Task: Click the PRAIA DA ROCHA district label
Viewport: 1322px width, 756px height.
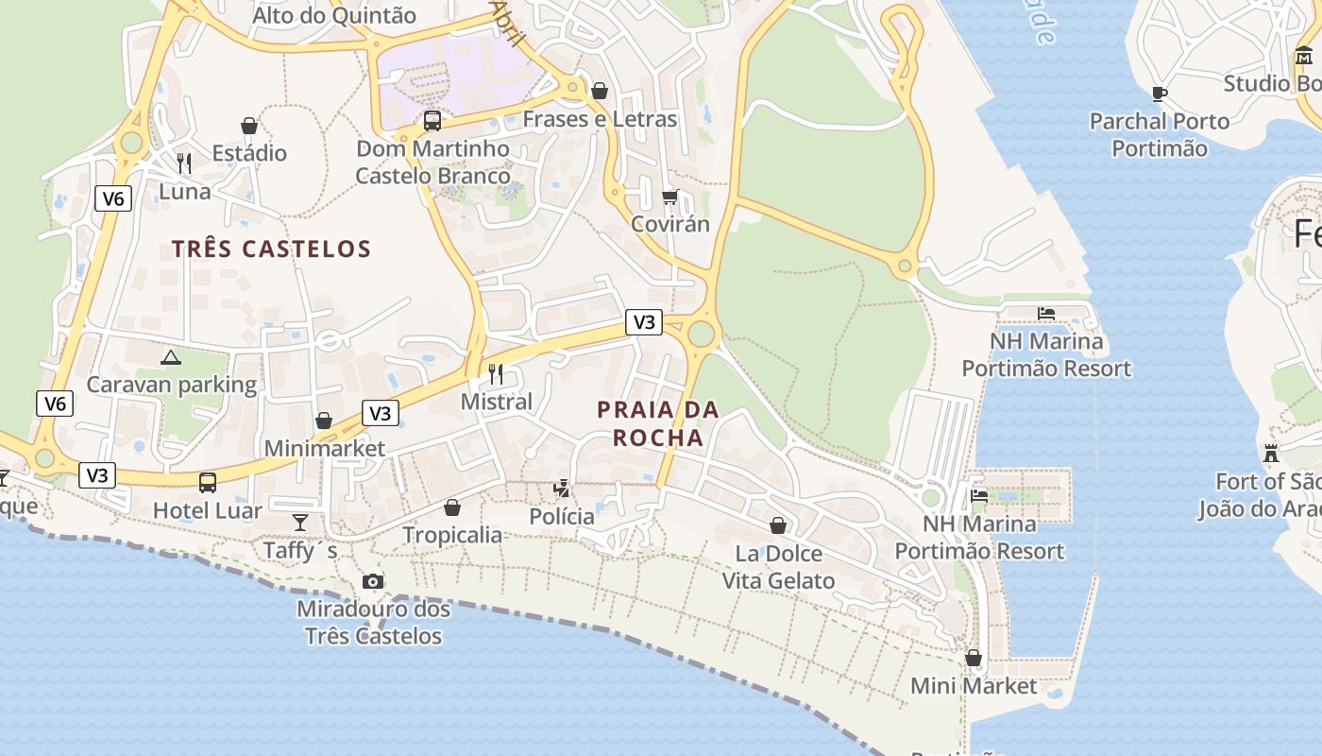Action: tap(658, 423)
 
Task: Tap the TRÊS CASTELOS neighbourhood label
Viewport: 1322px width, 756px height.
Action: tap(271, 249)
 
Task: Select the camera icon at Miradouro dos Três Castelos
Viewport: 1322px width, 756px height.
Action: tap(373, 581)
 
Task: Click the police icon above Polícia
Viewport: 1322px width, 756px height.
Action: tap(563, 489)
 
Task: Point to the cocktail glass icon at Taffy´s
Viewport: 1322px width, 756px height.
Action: tap(300, 522)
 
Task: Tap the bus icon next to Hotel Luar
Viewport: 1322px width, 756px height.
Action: tap(208, 483)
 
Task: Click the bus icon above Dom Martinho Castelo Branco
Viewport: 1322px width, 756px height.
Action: tap(432, 121)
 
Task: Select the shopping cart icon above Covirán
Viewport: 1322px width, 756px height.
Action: tap(670, 198)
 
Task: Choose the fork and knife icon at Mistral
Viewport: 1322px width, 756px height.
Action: tap(496, 374)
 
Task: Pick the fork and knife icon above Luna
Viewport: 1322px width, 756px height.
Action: tap(184, 163)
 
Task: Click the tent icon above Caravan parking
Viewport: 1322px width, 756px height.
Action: tap(170, 357)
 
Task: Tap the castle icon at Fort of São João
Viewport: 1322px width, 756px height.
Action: tap(1271, 454)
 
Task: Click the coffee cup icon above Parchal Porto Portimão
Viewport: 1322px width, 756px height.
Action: tap(1160, 93)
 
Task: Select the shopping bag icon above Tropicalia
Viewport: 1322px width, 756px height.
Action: tap(452, 507)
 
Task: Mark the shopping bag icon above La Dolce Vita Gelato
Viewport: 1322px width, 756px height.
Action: tap(778, 525)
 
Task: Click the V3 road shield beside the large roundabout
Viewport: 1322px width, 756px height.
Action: tap(643, 322)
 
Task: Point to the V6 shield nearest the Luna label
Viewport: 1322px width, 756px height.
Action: tap(112, 198)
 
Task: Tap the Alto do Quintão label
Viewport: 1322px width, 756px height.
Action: tap(334, 15)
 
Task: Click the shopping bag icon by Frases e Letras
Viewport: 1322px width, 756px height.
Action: tap(599, 91)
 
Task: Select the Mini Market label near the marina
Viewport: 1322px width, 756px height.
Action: tap(974, 686)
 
